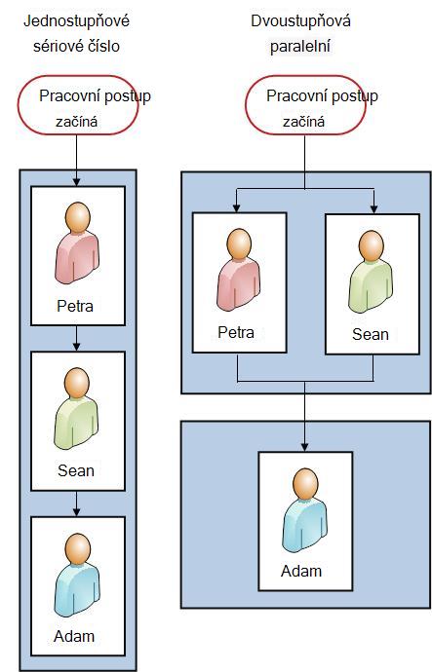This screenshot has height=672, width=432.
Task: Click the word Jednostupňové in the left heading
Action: click(x=76, y=21)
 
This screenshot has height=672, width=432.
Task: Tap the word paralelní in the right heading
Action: click(x=300, y=47)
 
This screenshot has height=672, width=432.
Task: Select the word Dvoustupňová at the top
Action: click(x=300, y=21)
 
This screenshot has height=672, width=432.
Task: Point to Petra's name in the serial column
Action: click(x=75, y=306)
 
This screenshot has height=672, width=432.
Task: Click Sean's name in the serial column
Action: click(x=76, y=470)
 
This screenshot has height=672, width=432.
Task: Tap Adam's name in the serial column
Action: click(x=74, y=636)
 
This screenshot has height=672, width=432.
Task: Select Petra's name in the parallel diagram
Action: click(x=236, y=332)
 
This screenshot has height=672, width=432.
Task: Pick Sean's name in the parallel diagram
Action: click(x=371, y=334)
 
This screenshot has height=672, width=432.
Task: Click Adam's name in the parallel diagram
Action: click(x=301, y=571)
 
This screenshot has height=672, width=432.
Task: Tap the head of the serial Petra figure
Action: click(x=78, y=217)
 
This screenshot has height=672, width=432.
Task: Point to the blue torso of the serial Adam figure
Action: click(x=77, y=588)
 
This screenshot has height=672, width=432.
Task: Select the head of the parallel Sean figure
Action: click(x=372, y=245)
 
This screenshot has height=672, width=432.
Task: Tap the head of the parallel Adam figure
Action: click(x=305, y=483)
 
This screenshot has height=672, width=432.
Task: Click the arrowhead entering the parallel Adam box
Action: click(x=304, y=447)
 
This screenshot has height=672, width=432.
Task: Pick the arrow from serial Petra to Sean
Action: click(x=76, y=338)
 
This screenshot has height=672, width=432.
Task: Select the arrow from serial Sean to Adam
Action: click(x=76, y=504)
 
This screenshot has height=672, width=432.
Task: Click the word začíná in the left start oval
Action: click(x=76, y=122)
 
